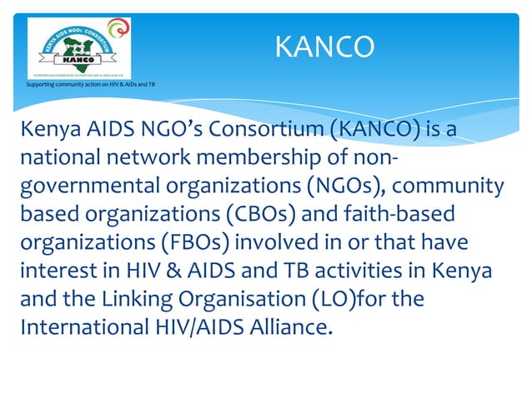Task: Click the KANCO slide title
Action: pos(324,47)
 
